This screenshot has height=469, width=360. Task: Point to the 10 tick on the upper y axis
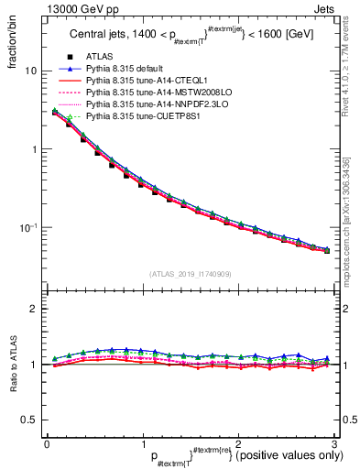click(x=31, y=71)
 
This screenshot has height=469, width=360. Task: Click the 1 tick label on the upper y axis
click(x=34, y=149)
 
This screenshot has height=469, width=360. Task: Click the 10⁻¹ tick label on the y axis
click(x=28, y=226)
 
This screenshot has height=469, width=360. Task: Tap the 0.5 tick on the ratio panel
click(x=30, y=420)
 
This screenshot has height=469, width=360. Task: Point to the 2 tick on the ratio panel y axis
click(x=35, y=309)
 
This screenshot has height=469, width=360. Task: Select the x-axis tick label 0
click(x=47, y=444)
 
